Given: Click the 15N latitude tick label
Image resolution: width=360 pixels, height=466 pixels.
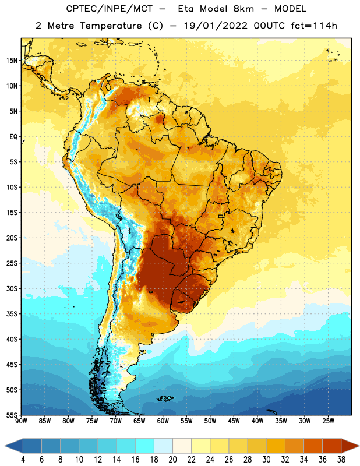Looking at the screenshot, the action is (12, 61).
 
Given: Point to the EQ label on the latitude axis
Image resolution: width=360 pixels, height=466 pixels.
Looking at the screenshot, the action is (13, 137).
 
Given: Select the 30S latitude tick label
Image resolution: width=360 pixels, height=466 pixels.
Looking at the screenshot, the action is (12, 288).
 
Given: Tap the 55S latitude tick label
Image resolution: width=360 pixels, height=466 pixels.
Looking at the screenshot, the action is (12, 415).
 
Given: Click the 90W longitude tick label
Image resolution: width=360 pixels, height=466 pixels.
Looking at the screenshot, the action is (22, 421).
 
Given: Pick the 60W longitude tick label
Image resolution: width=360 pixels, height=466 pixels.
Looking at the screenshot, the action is (163, 421).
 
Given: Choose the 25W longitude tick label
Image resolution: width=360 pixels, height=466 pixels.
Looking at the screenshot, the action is (328, 421).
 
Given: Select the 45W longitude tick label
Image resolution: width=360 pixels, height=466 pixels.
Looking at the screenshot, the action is (234, 421).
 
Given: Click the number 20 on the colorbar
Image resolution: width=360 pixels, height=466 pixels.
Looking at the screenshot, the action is (172, 460).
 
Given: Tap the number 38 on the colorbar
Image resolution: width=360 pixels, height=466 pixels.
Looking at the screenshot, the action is (341, 460).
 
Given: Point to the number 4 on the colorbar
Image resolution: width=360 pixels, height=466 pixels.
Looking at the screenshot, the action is (23, 460).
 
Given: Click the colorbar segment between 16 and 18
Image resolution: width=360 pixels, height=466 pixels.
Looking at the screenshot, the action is (145, 446).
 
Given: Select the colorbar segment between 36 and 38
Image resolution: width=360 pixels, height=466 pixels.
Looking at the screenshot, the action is (332, 446).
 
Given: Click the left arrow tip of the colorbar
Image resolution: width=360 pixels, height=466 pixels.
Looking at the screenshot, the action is (5, 446).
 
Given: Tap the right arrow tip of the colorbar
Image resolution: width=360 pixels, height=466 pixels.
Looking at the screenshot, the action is (359, 446).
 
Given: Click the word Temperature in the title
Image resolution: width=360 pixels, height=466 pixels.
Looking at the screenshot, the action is (111, 26).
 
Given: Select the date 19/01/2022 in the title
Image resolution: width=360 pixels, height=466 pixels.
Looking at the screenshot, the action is (216, 26).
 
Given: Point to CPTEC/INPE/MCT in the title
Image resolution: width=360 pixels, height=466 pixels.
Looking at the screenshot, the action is (109, 9).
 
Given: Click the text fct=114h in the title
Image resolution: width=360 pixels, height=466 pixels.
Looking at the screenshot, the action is (314, 26).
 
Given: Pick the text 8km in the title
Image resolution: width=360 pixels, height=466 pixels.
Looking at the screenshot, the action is (243, 9).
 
